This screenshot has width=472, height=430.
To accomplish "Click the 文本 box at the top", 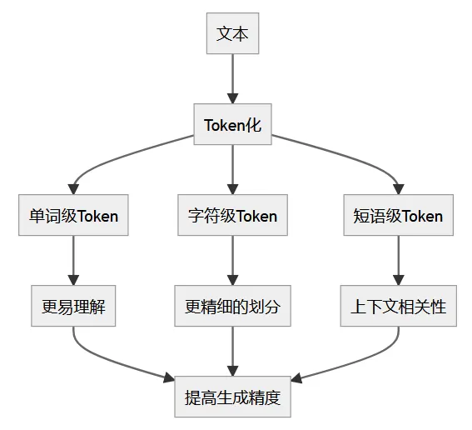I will [232, 34].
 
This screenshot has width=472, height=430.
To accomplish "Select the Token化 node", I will [232, 125].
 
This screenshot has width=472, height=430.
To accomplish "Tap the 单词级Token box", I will [73, 216].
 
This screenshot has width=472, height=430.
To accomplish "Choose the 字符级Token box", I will [232, 216].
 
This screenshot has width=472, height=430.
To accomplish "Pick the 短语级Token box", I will [398, 216].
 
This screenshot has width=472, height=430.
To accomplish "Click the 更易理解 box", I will [73, 307].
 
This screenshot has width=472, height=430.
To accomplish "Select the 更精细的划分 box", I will [232, 307].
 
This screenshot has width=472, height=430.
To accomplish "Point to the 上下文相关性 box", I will [398, 307].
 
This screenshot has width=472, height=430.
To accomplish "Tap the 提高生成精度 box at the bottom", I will [232, 397].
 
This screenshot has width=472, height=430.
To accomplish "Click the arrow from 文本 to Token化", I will [232, 78].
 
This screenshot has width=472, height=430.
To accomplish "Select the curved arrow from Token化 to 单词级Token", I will [125, 156].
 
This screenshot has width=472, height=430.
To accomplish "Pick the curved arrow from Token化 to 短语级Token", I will [341, 156].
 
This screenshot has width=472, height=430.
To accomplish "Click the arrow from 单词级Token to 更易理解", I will [73, 260].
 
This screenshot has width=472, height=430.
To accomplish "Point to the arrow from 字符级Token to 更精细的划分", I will [232, 260].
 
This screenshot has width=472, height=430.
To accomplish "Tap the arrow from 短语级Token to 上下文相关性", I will [398, 260].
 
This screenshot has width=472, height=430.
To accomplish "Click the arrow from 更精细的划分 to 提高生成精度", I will [232, 351].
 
